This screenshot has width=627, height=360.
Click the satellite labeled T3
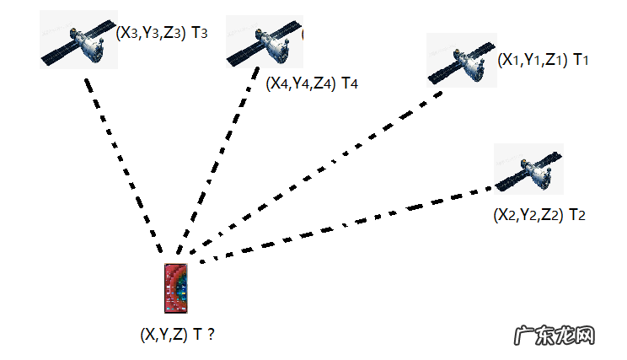pos(77,41)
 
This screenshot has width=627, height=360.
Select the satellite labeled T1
pos(461,62)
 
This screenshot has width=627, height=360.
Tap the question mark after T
pos(210,335)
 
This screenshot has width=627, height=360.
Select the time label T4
pos(350,83)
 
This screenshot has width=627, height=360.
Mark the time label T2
pos(577,215)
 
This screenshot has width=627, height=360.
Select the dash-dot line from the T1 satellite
pos(320,169)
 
